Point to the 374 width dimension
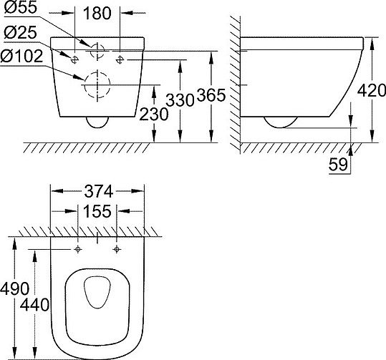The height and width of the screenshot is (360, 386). click(97, 191)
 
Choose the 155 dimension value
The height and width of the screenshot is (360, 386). click(97, 212)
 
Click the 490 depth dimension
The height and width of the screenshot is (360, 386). click(14, 289)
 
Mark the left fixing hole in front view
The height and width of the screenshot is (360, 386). click(75, 57)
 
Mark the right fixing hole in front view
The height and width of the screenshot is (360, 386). click(120, 57)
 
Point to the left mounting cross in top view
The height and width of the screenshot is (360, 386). click(78, 249)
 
